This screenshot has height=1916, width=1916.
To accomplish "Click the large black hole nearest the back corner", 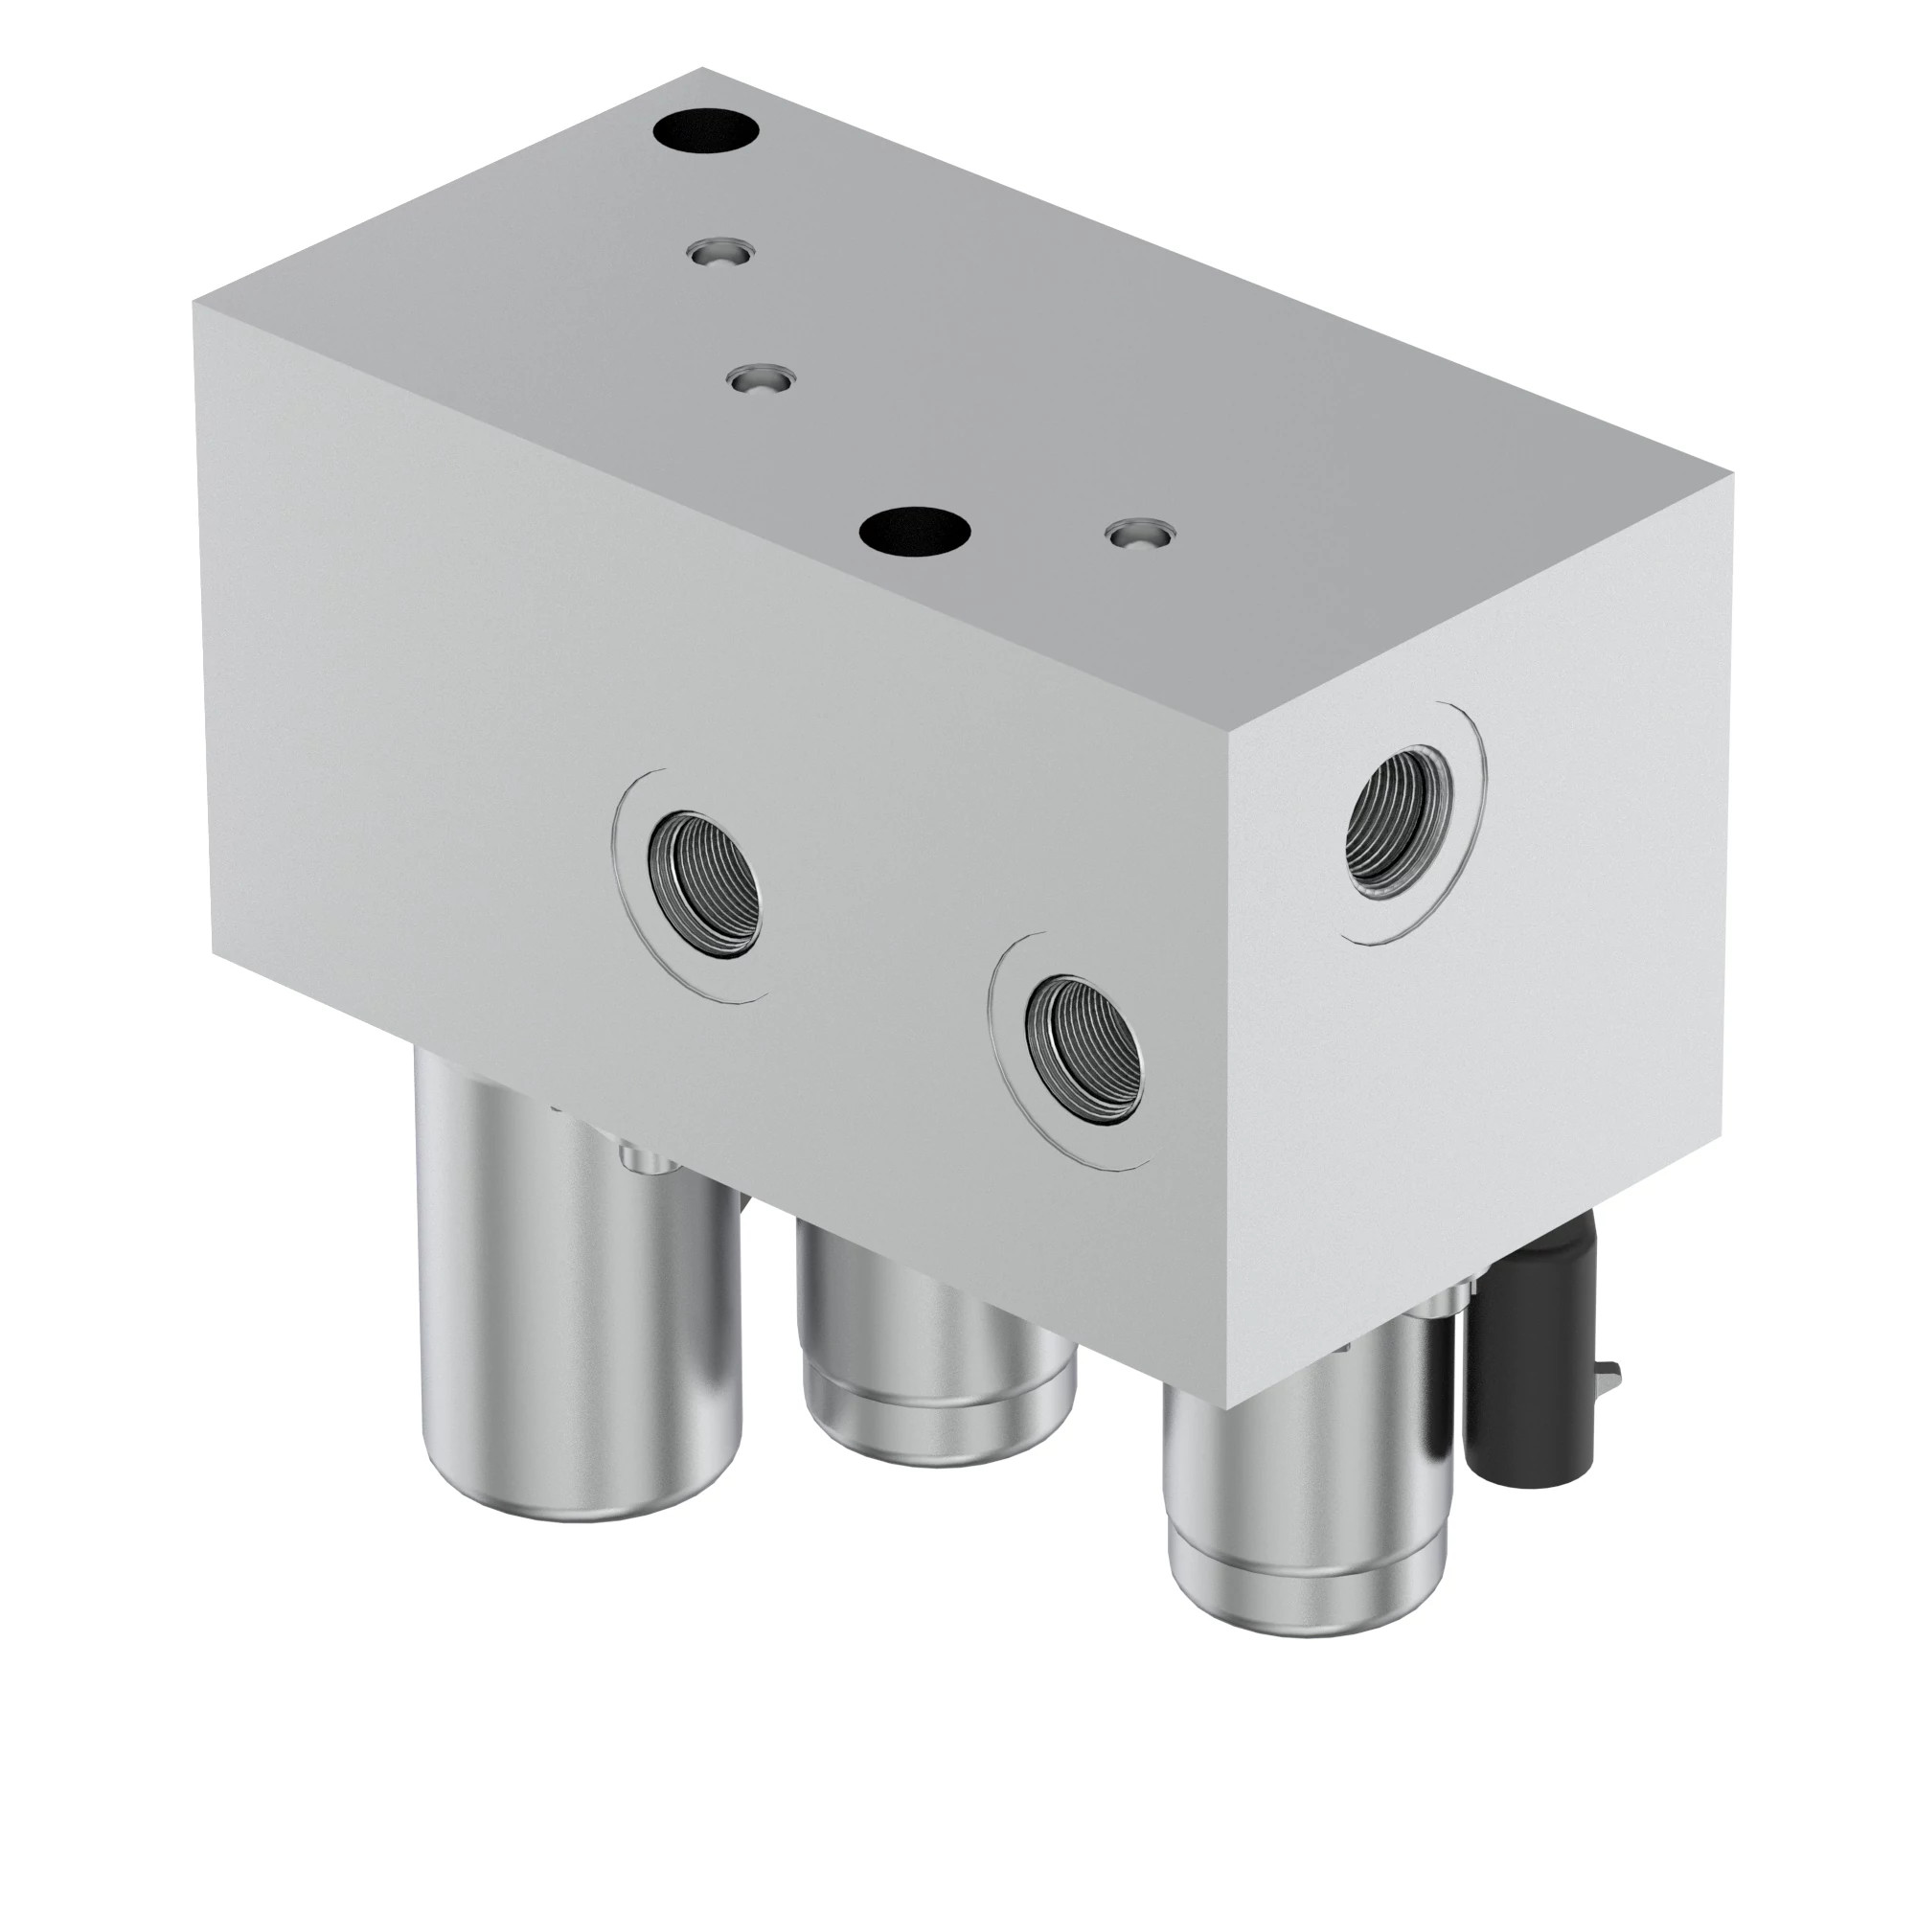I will (x=706, y=131).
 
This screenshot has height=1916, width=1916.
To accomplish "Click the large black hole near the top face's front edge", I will (x=913, y=532).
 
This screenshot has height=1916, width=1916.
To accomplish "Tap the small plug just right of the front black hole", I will (x=1138, y=535).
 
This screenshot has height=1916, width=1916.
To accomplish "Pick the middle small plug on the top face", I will (x=760, y=379).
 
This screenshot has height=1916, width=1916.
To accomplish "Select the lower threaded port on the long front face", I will (x=1083, y=1050).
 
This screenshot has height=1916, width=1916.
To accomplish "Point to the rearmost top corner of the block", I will (x=703, y=68).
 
